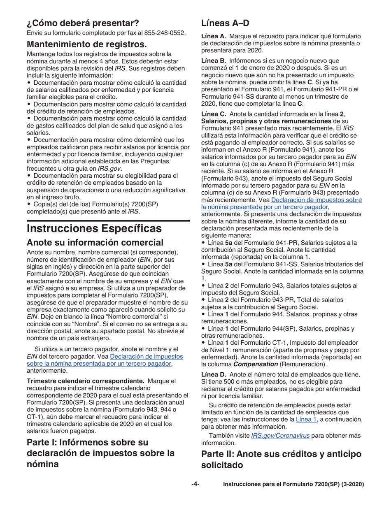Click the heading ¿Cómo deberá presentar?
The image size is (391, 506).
(83, 22)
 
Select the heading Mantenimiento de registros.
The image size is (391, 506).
(87, 44)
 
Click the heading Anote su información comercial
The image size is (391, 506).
(95, 242)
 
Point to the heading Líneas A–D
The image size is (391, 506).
(225, 23)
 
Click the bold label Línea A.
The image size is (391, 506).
(213, 36)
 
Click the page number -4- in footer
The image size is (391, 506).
(195, 484)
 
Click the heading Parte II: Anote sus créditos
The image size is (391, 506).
(281, 454)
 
